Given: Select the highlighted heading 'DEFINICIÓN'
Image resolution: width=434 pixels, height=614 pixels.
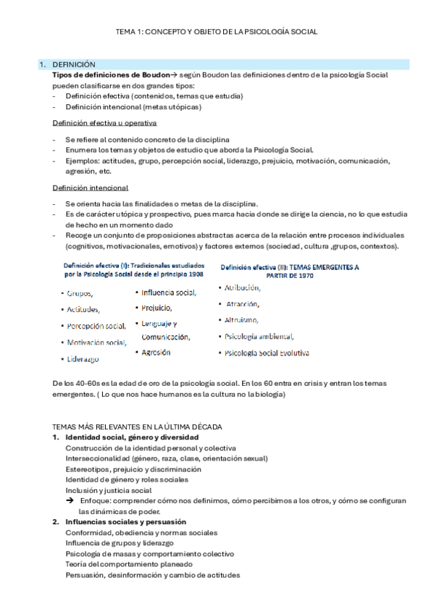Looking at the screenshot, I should [75, 64].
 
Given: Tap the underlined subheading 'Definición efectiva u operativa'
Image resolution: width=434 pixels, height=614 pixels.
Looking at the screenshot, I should [105, 123].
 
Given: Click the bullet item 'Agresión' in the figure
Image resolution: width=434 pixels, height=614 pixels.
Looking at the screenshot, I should [156, 352].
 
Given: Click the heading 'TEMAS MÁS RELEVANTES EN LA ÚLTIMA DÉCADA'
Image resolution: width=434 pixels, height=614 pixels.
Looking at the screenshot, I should [137, 428].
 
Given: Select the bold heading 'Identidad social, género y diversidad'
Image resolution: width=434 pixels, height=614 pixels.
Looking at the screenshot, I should [132, 438].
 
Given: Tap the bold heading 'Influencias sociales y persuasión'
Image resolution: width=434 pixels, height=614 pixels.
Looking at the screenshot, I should [125, 521].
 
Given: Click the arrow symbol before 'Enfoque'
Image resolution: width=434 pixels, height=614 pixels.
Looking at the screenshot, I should [70, 500].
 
